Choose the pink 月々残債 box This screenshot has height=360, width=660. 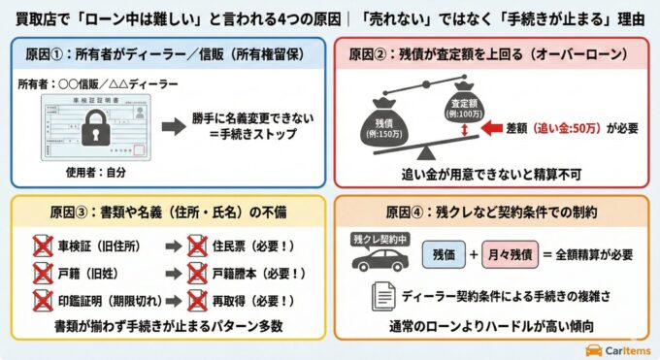tap(519, 254)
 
